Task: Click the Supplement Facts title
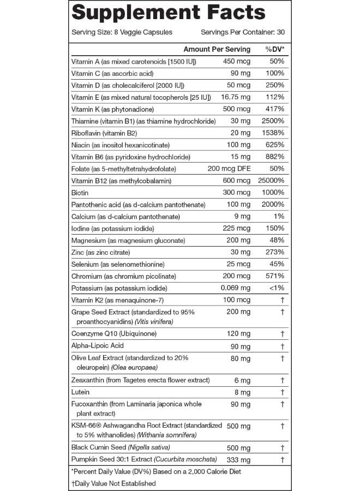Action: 169,13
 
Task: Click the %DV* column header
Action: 275,49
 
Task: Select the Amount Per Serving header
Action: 217,49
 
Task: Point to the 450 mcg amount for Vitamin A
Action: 237,61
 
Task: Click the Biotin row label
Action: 80,193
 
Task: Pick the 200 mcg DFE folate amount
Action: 229,169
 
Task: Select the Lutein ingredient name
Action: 80,392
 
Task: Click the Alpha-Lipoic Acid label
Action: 98,345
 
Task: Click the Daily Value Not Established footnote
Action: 113,483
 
